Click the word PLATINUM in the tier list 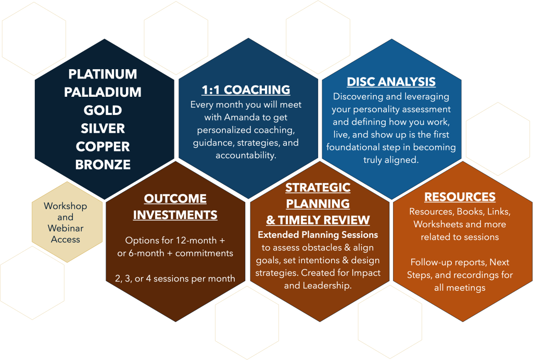click(103, 74)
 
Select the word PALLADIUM click(103, 92)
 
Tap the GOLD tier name click(103, 110)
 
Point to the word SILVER click(103, 128)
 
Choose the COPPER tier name click(103, 147)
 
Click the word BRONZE click(103, 165)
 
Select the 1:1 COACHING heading click(246, 89)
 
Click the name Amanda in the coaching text click(242, 117)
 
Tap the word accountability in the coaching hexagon click(246, 156)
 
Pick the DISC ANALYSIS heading click(391, 82)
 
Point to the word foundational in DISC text click(353, 147)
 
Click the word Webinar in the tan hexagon click(66, 228)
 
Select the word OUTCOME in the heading click(175, 199)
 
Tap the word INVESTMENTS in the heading click(175, 215)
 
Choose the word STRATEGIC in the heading click(318, 187)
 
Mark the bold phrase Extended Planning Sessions click(318, 235)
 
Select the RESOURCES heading click(460, 197)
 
